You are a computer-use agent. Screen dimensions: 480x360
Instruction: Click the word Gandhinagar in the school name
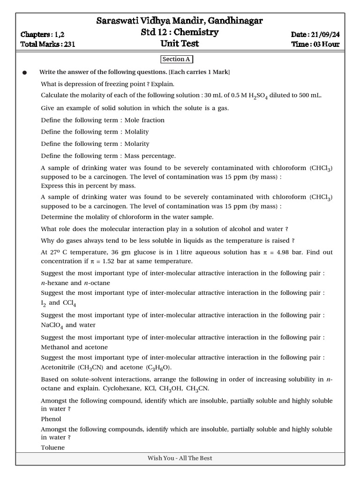click(233, 21)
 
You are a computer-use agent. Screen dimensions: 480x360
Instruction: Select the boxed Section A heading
click(176, 59)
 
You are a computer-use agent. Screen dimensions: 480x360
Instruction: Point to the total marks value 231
click(68, 45)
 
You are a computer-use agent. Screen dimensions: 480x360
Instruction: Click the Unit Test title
click(180, 44)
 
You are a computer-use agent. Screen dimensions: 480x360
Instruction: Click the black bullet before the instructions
click(25, 73)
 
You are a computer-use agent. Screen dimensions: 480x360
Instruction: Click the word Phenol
click(51, 419)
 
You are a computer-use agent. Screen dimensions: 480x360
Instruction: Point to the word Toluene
click(52, 448)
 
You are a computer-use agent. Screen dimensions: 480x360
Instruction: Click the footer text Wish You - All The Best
click(180, 458)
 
